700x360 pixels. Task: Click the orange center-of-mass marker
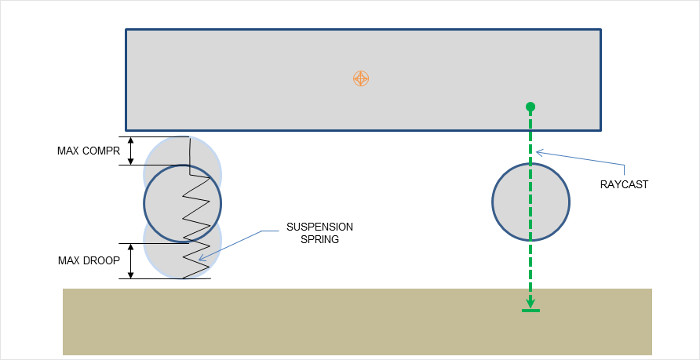[360, 78]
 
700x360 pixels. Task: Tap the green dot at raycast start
[530, 107]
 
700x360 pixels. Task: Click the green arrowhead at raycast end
[530, 304]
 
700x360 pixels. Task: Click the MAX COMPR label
[88, 151]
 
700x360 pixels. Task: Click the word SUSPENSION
[319, 227]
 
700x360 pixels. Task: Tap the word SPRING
[319, 240]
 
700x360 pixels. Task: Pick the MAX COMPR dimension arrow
[131, 151]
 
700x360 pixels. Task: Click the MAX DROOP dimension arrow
[131, 260]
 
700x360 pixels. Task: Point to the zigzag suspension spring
[196, 220]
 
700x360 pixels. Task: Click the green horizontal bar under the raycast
[530, 311]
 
